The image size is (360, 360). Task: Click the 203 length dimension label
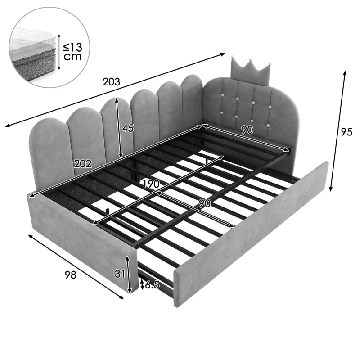click(111, 82)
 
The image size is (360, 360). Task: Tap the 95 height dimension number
click(346, 132)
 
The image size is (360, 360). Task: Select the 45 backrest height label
click(128, 128)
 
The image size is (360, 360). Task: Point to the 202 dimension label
click(83, 164)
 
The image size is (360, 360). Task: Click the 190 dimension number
click(151, 184)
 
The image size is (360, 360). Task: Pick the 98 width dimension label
click(70, 274)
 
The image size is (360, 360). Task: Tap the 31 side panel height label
click(120, 274)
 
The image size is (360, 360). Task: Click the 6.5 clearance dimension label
click(152, 285)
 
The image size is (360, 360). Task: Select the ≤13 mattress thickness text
click(72, 47)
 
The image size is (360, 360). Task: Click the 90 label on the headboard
click(247, 130)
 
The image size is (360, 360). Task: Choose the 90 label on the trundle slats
click(205, 203)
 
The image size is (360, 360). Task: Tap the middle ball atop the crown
click(251, 60)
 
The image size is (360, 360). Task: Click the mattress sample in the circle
click(33, 54)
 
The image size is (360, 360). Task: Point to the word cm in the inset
click(72, 57)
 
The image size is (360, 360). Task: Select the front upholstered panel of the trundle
click(251, 234)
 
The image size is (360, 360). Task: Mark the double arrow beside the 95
click(338, 131)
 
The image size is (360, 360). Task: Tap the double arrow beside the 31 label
click(129, 274)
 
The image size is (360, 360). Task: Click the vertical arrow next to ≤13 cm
click(59, 52)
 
